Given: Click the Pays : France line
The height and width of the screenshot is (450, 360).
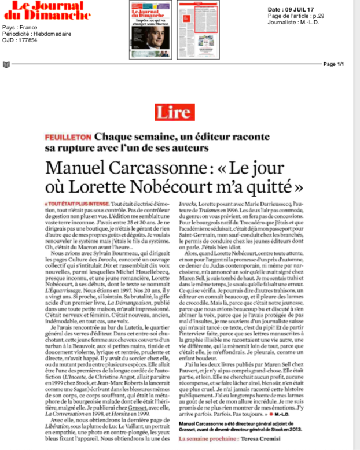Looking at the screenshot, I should (20, 28).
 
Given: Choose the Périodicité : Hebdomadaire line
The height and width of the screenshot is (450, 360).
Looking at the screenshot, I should (36, 34).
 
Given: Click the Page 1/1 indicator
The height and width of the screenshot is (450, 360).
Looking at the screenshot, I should (333, 64).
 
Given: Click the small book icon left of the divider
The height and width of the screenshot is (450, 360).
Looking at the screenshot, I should (6, 64).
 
